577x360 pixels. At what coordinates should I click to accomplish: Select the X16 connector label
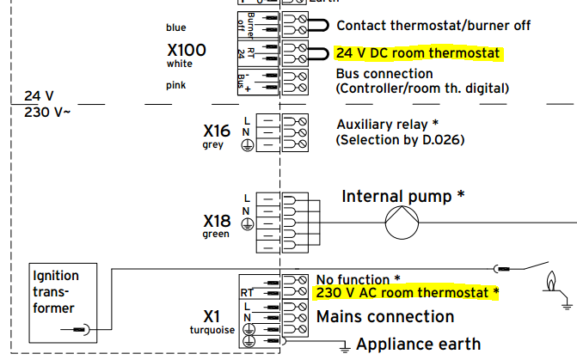(x=217, y=131)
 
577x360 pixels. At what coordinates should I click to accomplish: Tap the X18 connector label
(x=217, y=221)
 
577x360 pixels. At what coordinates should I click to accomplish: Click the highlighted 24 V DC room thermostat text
(x=417, y=54)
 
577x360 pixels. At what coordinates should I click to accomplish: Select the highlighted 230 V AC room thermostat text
(x=407, y=293)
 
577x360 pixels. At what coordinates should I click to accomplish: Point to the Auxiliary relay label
(x=386, y=125)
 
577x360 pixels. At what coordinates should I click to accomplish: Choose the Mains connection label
(x=384, y=317)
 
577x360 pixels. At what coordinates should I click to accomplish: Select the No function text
(x=358, y=279)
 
